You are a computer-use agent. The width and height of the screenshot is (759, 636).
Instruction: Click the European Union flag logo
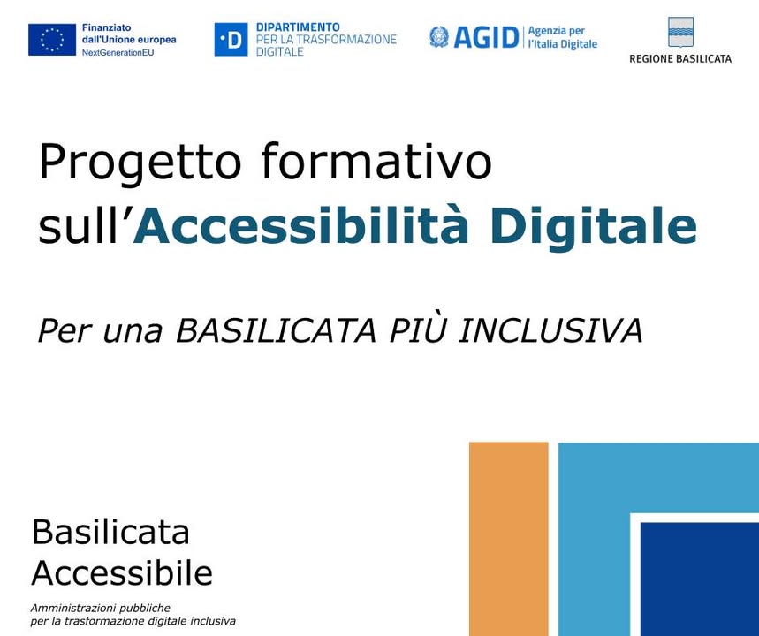pos(52,40)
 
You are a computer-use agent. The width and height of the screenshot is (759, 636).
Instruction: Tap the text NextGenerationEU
pos(118,53)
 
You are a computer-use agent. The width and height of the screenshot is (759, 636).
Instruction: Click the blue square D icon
pos(231,40)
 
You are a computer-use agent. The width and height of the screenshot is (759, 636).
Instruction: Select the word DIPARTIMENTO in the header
pos(298,27)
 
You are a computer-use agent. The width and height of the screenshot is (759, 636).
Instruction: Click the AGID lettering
pos(486,38)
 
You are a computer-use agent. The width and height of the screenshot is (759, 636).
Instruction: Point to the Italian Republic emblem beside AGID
pos(439,37)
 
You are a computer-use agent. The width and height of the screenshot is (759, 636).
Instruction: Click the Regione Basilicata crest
pos(680,32)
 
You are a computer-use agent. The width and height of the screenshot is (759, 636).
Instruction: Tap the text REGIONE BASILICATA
pos(680,59)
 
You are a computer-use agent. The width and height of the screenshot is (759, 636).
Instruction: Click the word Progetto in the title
pos(140,163)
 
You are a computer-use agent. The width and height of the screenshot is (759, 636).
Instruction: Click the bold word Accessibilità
pos(301,226)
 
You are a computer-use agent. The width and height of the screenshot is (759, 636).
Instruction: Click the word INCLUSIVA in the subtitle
pos(550,331)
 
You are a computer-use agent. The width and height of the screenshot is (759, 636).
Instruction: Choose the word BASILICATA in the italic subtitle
pos(276,331)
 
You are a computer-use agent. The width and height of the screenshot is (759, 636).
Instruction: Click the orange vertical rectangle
pos(509,539)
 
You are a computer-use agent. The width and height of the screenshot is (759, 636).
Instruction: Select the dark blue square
pos(700,579)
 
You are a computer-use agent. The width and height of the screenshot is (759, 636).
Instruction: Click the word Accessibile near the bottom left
pos(122,573)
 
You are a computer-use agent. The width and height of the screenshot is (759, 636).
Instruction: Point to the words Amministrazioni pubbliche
pos(100,608)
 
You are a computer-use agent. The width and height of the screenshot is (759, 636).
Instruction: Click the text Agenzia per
pos(556,31)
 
